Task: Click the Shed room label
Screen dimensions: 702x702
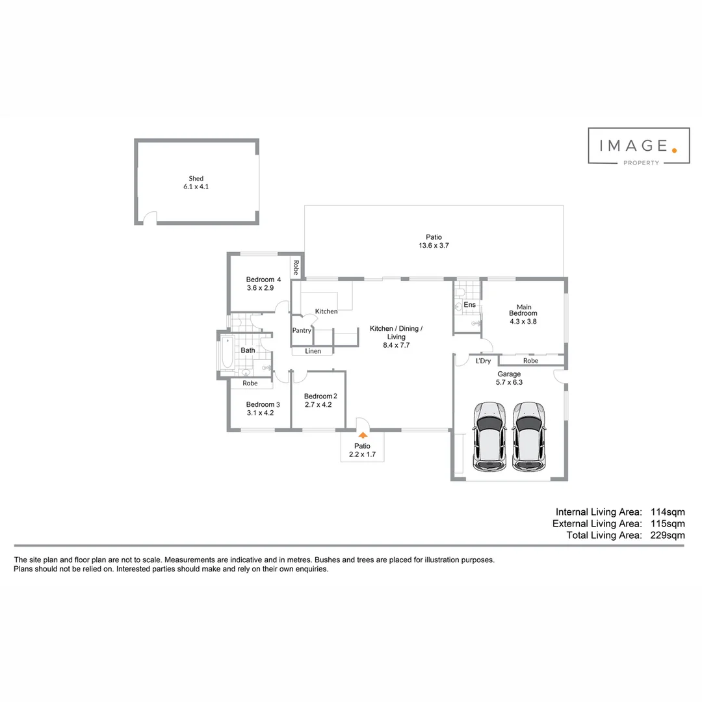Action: pos(196,178)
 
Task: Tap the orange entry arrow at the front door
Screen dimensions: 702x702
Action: pos(363,435)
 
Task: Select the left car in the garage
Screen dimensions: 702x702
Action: pos(490,437)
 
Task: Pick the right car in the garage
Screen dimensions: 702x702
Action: pos(528,437)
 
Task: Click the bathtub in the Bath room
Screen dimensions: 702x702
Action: pos(227,352)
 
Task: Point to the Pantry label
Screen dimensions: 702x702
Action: pos(302,330)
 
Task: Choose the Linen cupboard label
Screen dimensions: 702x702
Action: pos(313,351)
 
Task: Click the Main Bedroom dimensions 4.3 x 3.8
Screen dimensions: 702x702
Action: pos(523,322)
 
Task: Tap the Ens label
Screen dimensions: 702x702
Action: pos(470,304)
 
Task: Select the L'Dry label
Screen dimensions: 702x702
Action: pos(483,361)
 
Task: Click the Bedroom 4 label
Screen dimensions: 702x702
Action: pos(264,279)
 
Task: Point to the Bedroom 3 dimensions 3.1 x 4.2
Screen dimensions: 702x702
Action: pos(260,413)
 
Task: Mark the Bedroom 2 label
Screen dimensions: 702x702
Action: pos(320,396)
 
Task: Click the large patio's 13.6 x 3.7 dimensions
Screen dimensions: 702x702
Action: pos(434,245)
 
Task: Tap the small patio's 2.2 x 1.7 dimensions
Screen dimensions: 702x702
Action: pos(362,454)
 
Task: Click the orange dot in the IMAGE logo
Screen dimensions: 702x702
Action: pos(674,150)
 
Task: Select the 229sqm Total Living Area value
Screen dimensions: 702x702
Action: pos(668,535)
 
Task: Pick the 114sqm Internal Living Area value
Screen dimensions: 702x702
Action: pos(668,512)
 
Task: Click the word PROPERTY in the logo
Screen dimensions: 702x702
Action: pos(641,163)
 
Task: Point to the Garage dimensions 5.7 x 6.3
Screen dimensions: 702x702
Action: pos(509,382)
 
